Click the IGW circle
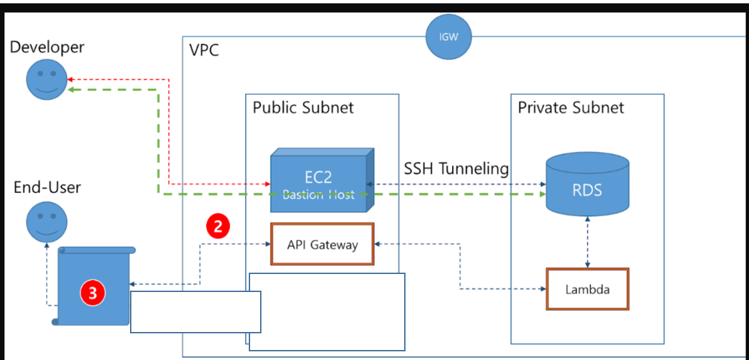[449, 36]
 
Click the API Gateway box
[322, 245]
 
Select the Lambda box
[587, 289]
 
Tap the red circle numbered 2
[218, 227]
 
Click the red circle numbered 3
[93, 292]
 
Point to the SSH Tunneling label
[456, 169]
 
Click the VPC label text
[204, 50]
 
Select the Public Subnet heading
[303, 107]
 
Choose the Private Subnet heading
[571, 107]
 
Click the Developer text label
[47, 47]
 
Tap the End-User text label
[47, 187]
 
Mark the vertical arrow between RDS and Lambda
[587, 243]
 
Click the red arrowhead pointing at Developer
[71, 79]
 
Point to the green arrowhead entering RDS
[541, 194]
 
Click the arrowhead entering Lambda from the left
[542, 289]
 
